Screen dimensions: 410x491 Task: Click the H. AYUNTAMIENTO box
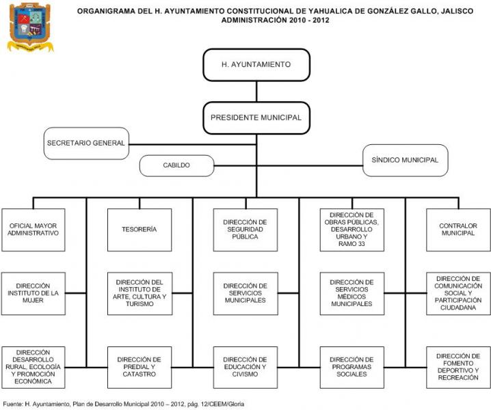[x=256, y=65]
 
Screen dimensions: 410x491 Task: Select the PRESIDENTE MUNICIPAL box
[x=256, y=118]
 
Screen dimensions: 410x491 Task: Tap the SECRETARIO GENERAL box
[x=86, y=143]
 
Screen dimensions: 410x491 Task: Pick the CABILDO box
[x=176, y=165]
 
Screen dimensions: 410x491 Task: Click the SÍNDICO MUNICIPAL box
[x=405, y=160]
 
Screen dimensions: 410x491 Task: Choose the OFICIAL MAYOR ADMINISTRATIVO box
[x=34, y=230]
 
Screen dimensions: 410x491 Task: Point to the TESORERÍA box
[x=139, y=230]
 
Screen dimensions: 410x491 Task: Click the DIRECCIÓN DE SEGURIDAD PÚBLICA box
[x=245, y=230]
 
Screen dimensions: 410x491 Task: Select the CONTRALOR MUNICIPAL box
[x=457, y=230]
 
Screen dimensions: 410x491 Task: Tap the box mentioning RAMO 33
[x=351, y=230]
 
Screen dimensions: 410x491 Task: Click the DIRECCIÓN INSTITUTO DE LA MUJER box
[x=34, y=294]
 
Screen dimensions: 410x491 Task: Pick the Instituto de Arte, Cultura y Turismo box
[x=139, y=294]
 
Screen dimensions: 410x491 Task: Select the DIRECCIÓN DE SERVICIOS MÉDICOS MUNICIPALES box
[x=351, y=294]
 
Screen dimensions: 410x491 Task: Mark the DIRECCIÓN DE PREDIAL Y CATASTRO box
[x=139, y=367]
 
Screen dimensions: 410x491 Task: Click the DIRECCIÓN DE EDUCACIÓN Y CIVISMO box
[x=245, y=367]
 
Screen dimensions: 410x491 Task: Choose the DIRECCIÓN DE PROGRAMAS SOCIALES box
[x=351, y=367]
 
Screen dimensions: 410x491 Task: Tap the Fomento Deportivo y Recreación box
[x=457, y=367]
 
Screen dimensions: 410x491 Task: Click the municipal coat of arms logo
[x=29, y=27]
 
